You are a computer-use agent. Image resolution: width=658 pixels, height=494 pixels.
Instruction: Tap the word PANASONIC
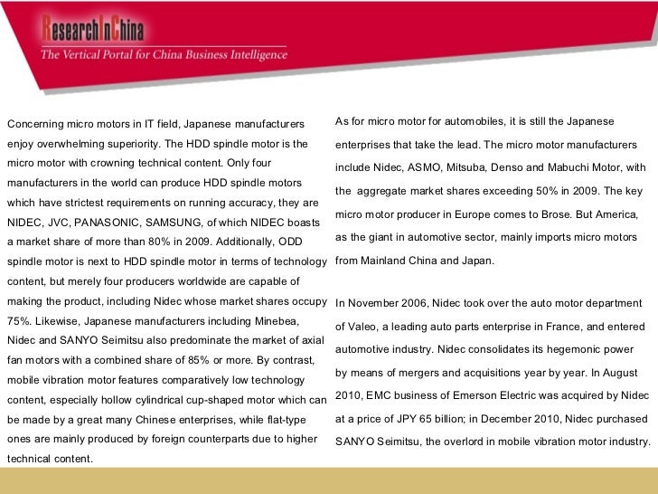[124, 223]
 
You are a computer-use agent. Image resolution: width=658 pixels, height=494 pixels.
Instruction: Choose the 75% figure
[18, 320]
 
